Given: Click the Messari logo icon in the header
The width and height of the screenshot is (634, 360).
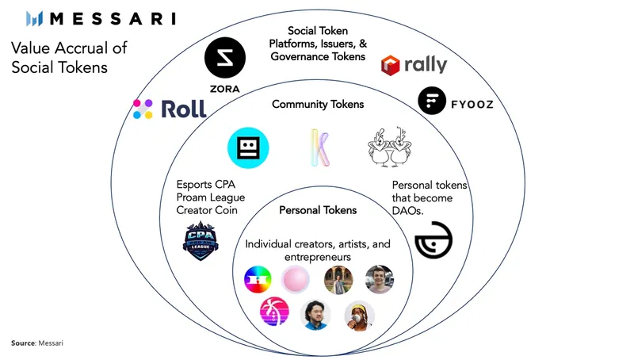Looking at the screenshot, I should (34, 18).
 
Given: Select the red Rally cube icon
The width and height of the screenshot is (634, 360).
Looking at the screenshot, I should (391, 65).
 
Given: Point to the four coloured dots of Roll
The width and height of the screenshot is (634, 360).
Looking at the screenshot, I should (143, 109).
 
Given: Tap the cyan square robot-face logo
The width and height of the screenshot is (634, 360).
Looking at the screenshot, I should (248, 147).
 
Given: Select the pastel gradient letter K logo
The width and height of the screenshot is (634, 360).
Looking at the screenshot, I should (319, 147).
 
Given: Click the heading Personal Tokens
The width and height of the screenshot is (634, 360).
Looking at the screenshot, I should (318, 210).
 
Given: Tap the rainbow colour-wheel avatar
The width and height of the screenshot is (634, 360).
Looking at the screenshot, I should (258, 280).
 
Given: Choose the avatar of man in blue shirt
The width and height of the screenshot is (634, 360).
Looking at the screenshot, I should (316, 315).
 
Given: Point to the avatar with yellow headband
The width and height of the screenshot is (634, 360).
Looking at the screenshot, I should (358, 316).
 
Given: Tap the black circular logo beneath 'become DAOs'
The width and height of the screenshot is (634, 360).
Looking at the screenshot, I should (433, 240).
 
